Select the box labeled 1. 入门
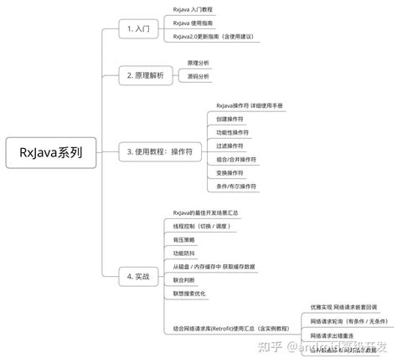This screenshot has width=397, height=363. coord(138,28)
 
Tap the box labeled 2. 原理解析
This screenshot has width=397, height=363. coord(147,76)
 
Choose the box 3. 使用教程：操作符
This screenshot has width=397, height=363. coord(161,151)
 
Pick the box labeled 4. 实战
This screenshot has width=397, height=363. coord(138,275)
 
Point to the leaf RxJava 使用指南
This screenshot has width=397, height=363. coord(194,22)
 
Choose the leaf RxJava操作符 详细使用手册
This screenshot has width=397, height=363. coord(250,105)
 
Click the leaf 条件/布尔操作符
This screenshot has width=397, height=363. coord(236,186)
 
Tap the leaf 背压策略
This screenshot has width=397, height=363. coord(184,239)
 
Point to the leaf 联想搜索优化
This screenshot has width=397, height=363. coord(189,294)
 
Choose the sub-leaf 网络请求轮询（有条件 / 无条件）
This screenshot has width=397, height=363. coord(343,321)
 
